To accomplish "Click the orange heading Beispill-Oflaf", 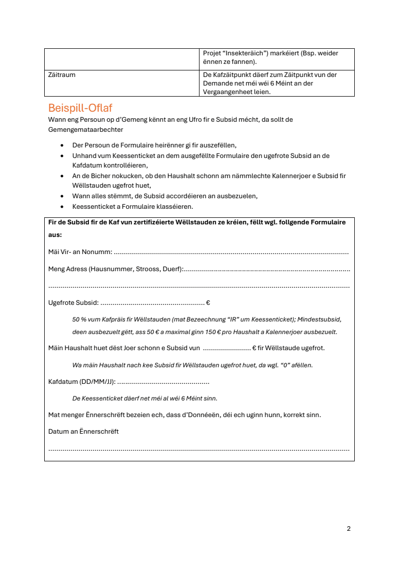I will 80,108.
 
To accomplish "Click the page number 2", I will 349,529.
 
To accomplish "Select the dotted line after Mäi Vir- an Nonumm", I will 231,253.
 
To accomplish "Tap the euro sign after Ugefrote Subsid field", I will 208,303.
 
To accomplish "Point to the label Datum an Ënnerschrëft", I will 83,432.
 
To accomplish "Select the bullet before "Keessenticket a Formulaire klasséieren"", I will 62,207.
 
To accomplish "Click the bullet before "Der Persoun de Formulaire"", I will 62,145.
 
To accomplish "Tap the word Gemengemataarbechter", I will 85,130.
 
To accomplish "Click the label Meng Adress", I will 68,269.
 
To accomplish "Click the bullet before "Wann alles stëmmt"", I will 62,196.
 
